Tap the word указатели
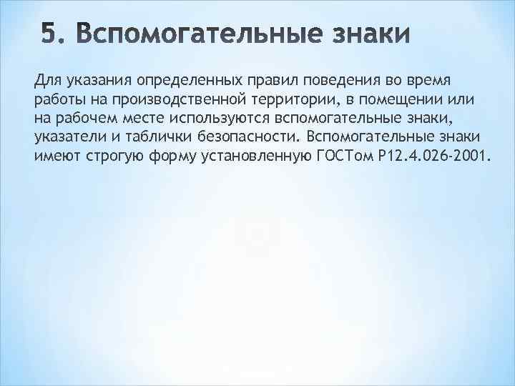click(69, 137)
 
